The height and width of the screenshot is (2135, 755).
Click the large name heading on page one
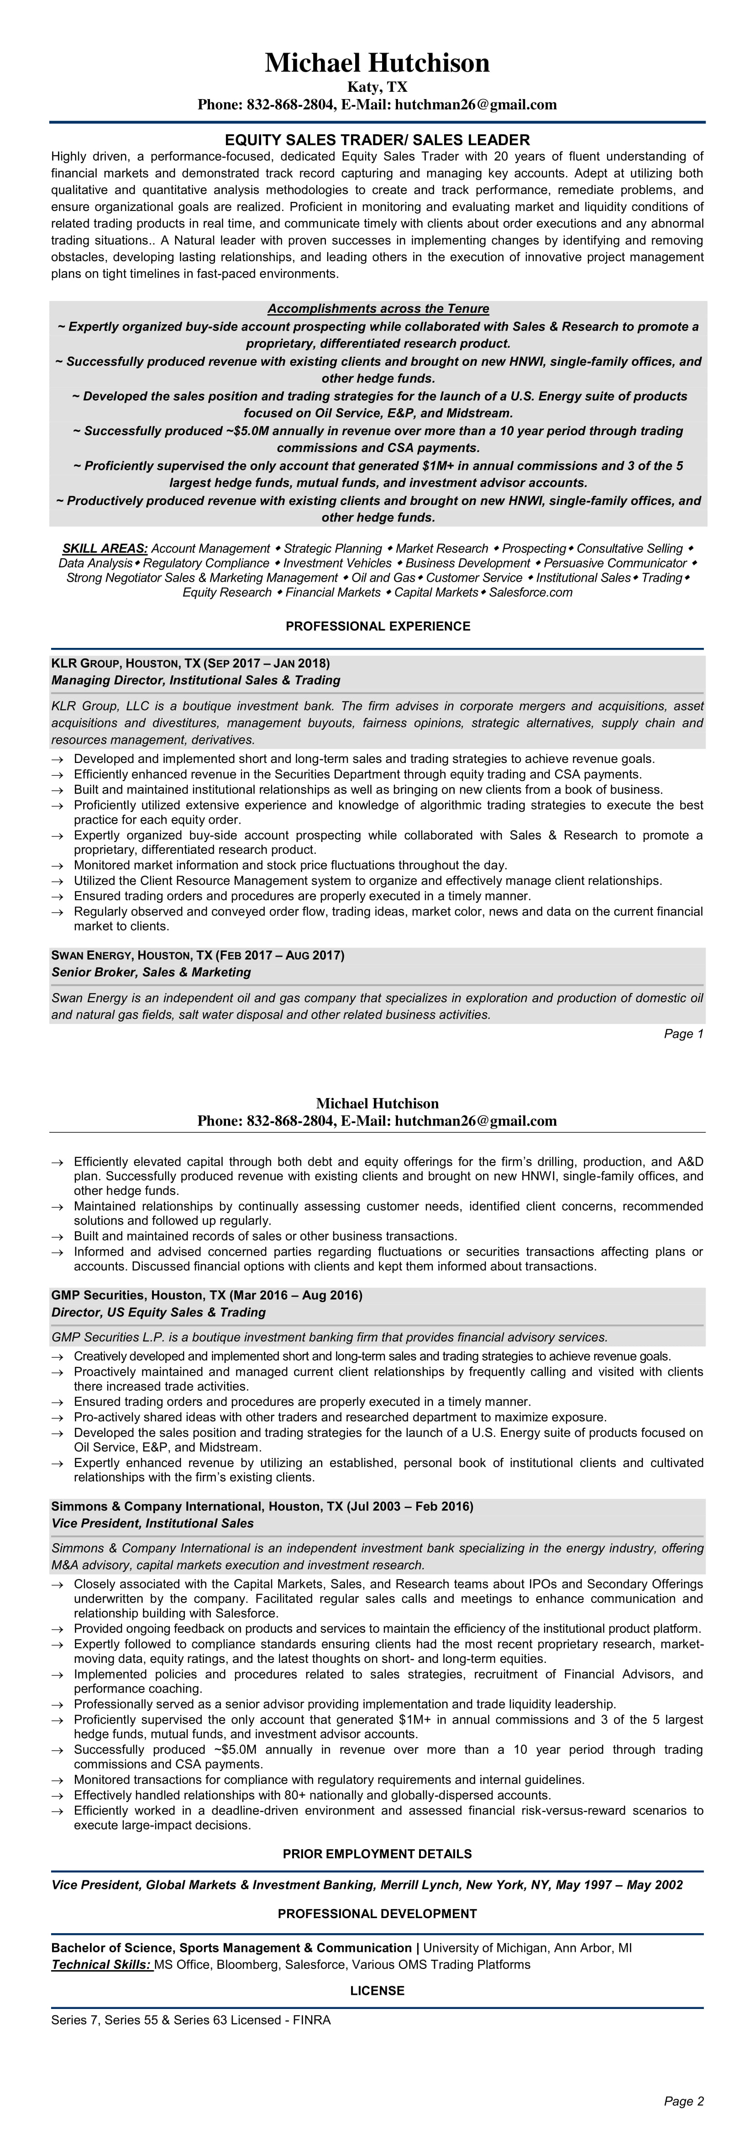pos(377,63)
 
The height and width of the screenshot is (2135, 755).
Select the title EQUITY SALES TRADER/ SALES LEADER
pos(377,140)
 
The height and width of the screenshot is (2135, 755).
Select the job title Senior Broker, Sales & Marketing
pos(151,972)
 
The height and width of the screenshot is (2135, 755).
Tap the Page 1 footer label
pos(684,1034)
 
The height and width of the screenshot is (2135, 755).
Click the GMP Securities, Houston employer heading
pos(206,1295)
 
